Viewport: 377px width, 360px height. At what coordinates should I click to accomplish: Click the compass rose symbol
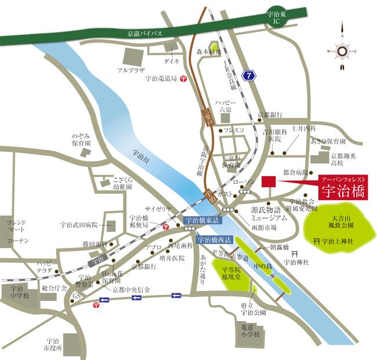click(x=342, y=52)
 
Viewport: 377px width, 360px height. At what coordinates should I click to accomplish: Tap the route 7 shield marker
click(x=249, y=75)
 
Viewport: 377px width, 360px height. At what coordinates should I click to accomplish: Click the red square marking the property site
click(x=268, y=182)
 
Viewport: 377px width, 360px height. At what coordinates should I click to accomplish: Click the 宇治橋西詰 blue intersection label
click(x=215, y=238)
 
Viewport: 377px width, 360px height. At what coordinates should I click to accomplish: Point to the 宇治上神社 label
click(x=338, y=241)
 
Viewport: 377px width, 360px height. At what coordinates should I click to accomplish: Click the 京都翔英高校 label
click(x=346, y=159)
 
